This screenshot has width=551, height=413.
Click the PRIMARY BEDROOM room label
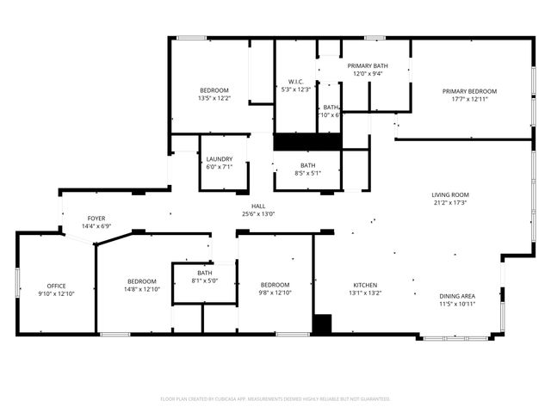[x=469, y=91]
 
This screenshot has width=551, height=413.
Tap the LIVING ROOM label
[x=449, y=194]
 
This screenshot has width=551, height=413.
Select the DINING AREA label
[x=457, y=295]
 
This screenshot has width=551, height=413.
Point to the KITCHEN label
[x=365, y=285]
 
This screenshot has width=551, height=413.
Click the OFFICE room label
[x=56, y=286]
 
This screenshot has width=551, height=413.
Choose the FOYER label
[x=96, y=219]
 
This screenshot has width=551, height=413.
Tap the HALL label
[x=257, y=206]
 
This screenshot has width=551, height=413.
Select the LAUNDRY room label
[x=219, y=159]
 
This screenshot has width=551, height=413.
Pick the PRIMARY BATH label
[x=368, y=65]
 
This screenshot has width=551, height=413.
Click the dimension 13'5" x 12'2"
[x=214, y=98]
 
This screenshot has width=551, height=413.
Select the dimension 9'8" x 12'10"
[x=275, y=293]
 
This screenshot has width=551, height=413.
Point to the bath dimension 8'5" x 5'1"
[x=307, y=173]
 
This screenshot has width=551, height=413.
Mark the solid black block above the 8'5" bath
[x=307, y=142]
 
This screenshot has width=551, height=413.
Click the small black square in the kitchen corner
[x=321, y=324]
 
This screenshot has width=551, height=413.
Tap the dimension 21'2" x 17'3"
[x=449, y=202]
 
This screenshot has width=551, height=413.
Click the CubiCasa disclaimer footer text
[x=275, y=398]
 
